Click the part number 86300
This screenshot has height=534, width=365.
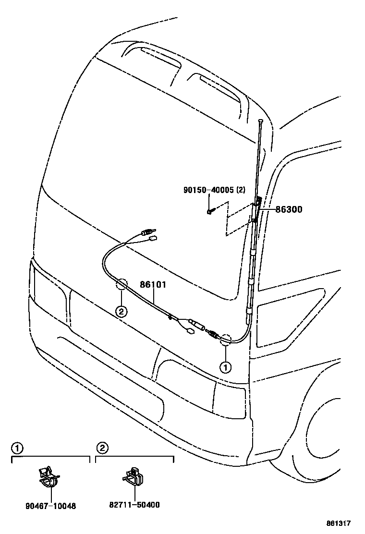(289, 210)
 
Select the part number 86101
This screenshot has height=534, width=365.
(153, 285)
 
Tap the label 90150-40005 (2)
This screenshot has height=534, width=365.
(214, 190)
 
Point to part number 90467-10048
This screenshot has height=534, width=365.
(51, 506)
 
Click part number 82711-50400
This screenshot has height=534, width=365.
(135, 505)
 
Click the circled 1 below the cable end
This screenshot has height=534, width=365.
(225, 367)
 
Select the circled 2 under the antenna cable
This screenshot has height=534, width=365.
(121, 312)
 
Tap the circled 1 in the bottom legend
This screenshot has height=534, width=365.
(17, 449)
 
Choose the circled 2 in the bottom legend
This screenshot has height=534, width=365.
(101, 449)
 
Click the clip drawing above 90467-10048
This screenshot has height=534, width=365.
(50, 476)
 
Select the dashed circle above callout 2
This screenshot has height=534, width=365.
(121, 285)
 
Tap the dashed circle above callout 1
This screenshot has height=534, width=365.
(225, 340)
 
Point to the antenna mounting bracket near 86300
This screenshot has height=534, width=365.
(257, 206)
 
